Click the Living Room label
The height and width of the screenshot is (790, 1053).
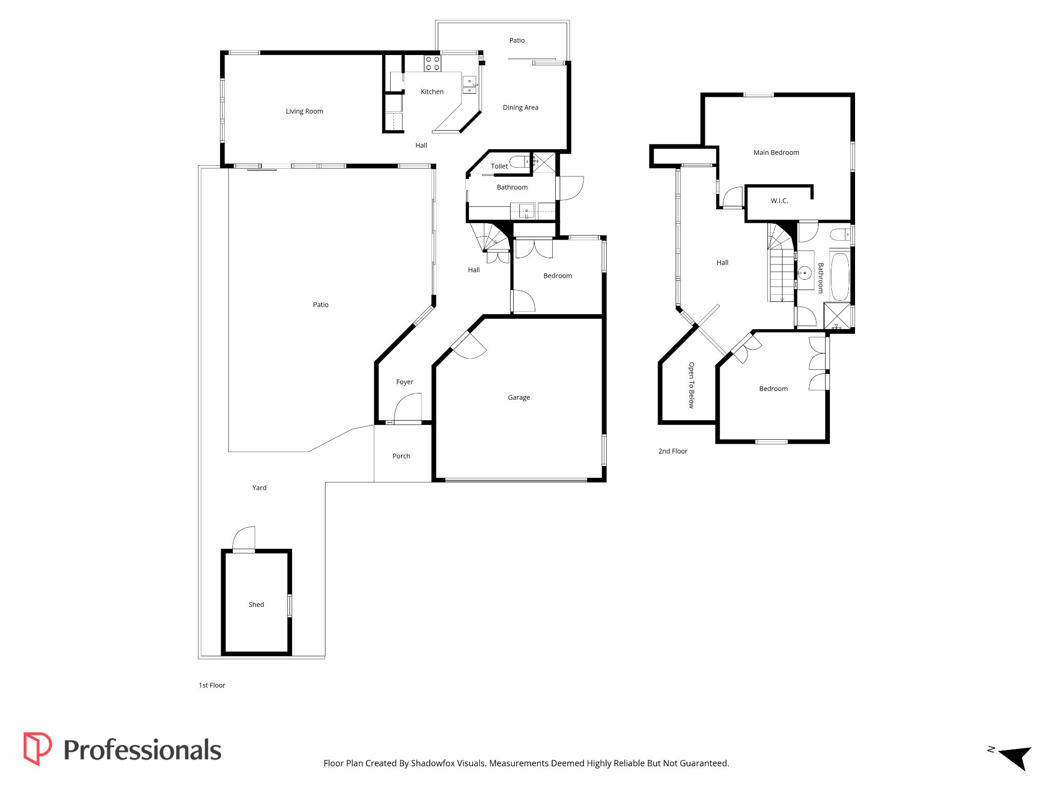click(304, 111)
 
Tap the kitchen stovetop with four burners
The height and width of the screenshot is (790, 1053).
click(432, 63)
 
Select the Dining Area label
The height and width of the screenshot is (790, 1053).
click(520, 107)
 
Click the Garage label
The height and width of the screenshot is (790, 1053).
click(519, 397)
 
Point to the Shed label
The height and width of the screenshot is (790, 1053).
click(256, 604)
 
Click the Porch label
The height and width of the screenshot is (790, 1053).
click(401, 456)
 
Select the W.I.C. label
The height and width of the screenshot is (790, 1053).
click(779, 201)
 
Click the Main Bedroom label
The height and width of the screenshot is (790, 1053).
click(776, 152)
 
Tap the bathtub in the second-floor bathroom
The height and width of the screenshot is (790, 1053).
click(840, 276)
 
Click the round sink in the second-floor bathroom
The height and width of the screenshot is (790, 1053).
click(805, 272)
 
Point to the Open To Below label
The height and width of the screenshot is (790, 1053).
click(692, 385)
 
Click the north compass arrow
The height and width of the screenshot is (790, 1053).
click(1016, 757)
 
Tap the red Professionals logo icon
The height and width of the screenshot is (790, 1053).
click(38, 749)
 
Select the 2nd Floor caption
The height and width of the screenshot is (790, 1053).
click(673, 451)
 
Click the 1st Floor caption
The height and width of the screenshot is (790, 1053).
click(212, 685)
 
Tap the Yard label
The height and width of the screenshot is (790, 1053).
click(259, 488)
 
